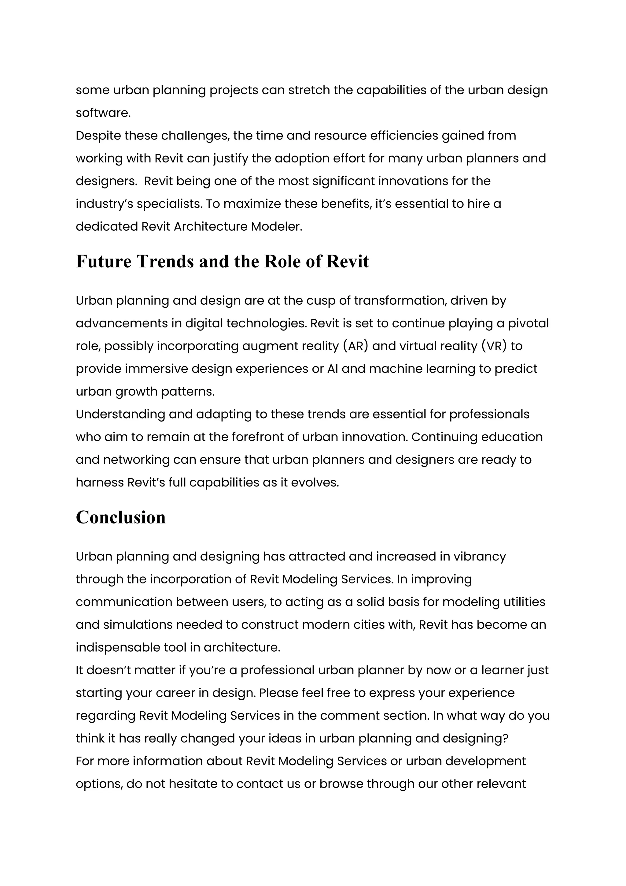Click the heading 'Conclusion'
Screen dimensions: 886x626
[x=121, y=517]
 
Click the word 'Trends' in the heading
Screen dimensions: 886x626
[x=165, y=262]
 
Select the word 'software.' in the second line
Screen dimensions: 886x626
[x=103, y=113]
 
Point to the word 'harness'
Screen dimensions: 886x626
[x=99, y=483]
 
